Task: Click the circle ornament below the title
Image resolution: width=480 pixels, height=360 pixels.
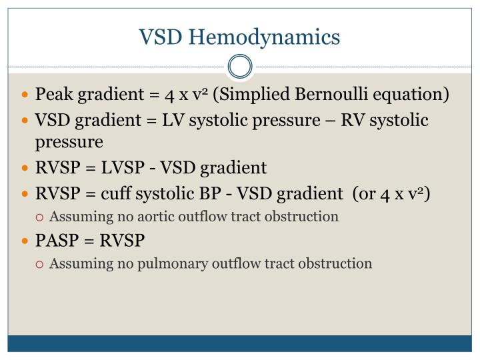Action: tap(240, 67)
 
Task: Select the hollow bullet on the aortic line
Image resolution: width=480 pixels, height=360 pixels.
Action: tap(41, 217)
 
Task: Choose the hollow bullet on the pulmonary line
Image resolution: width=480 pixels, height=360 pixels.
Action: tap(41, 264)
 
